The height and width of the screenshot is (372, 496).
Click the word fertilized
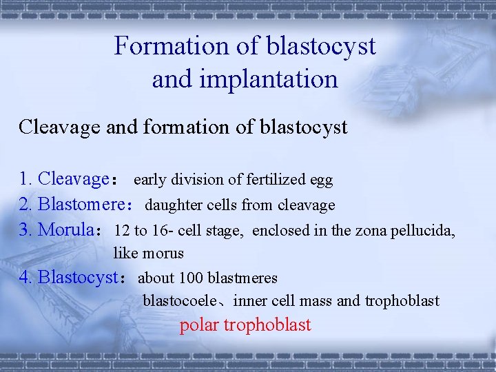pyautogui.click(x=262, y=180)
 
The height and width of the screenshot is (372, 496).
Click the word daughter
pyautogui.click(x=170, y=205)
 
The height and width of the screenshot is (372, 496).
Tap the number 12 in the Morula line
pyautogui.click(x=122, y=230)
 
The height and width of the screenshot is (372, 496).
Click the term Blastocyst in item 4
pyautogui.click(x=78, y=278)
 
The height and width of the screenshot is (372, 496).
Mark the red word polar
pyautogui.click(x=200, y=325)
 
